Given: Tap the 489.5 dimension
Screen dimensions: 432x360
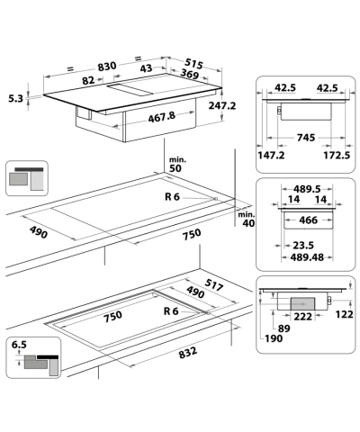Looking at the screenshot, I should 303,190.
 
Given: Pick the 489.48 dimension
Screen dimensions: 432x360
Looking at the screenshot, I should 303,256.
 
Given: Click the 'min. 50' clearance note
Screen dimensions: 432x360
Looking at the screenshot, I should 175,164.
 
